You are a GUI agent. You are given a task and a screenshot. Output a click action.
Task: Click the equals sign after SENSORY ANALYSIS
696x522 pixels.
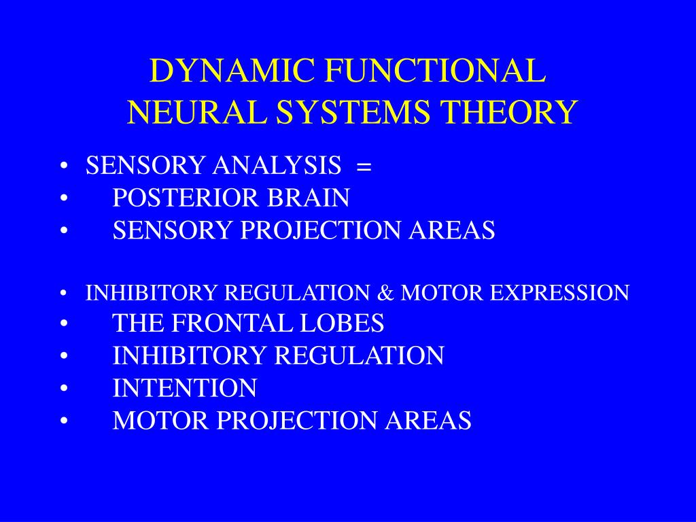(x=363, y=167)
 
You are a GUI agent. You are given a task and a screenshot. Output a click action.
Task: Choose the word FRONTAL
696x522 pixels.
(x=220, y=323)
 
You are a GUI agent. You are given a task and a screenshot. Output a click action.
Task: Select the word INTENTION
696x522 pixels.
(x=185, y=388)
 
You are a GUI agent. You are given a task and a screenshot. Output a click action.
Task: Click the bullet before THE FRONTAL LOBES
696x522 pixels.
(x=63, y=324)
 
